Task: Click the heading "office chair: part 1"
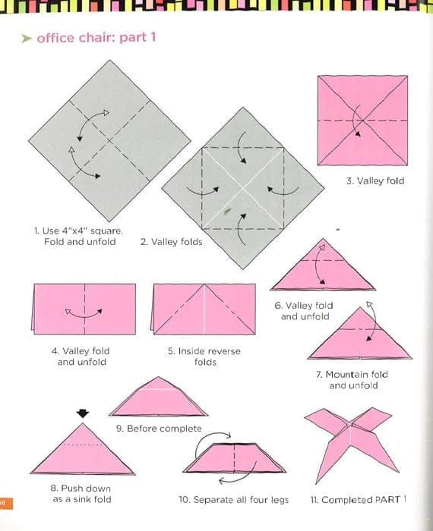pos(96,37)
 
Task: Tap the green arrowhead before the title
pos(26,38)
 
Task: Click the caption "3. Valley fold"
pos(375,181)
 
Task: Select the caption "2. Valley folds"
pos(171,242)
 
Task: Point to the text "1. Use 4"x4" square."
pos(77,230)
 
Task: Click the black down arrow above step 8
pos(83,413)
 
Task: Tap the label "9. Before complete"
pos(159,429)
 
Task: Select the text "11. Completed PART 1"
pos(359,500)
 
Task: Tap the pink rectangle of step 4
pos(84,309)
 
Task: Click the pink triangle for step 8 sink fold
pos(84,453)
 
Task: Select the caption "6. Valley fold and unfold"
pos(304,310)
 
